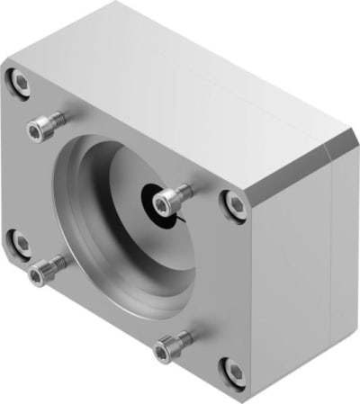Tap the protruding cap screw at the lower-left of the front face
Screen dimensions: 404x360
point(47,269)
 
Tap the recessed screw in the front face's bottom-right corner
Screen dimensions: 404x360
point(232,369)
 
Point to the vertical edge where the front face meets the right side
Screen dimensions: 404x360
point(254,297)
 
